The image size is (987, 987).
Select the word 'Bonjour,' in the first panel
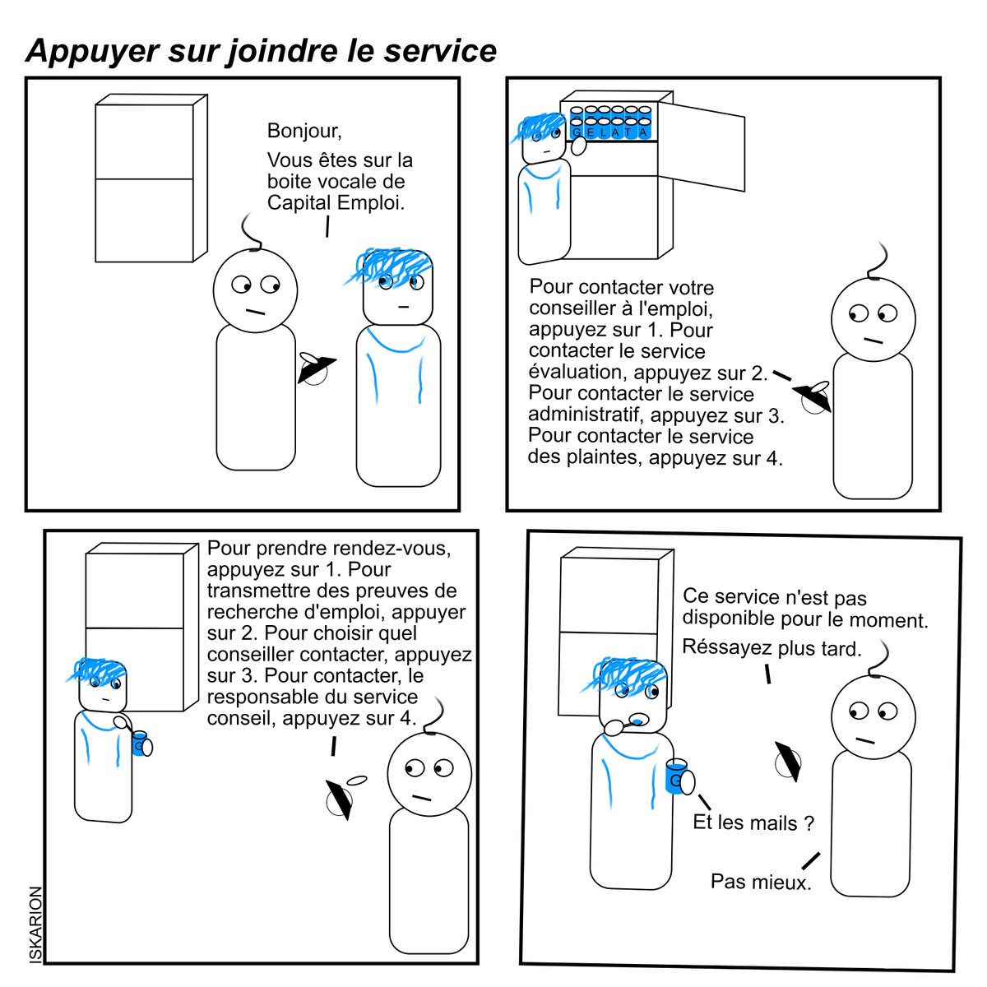click(x=304, y=131)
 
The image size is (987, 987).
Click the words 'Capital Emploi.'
click(x=336, y=203)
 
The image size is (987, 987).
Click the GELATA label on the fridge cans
click(x=610, y=132)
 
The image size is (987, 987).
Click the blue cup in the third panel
click(x=140, y=744)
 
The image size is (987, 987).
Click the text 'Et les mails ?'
click(x=753, y=822)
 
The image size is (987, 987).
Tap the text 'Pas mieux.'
click(x=761, y=882)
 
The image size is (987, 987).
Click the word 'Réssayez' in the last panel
click(x=725, y=647)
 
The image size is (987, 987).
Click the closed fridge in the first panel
click(x=151, y=178)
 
